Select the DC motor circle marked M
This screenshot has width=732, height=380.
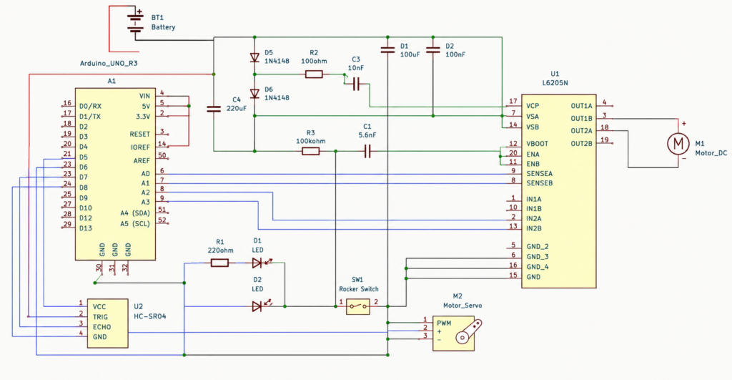coord(678,143)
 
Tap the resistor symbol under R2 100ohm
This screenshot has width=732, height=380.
coord(314,74)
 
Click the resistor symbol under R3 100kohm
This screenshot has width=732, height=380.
coord(310,151)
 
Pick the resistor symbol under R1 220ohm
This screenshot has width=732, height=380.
coord(220,263)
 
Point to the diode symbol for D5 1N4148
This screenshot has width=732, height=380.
coord(254,57)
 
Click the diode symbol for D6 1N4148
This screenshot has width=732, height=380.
coord(254,94)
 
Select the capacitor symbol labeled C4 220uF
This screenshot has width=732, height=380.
coord(214,109)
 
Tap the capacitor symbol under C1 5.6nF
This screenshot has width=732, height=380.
coord(367,151)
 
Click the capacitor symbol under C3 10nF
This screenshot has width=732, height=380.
coord(356,84)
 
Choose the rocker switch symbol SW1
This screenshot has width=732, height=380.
coord(358,306)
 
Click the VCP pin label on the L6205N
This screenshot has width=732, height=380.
coord(533,106)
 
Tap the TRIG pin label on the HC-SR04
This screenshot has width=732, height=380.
coord(100,317)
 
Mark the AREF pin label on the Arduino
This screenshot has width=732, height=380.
coord(142,161)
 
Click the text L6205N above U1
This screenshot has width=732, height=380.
coord(555,83)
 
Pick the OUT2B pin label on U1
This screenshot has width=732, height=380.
coord(582,144)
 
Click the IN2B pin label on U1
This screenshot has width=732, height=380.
coord(534,228)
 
